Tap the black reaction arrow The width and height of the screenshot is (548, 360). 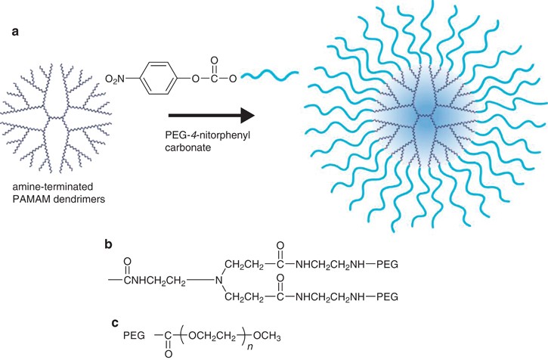click(210, 116)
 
